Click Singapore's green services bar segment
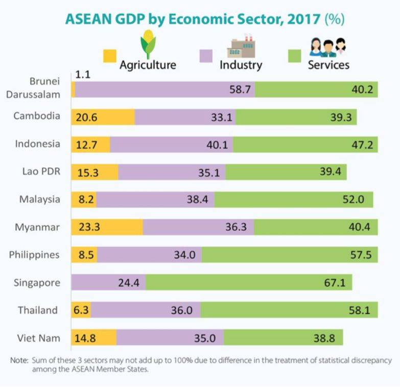[x=249, y=282]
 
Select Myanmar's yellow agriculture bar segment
[x=107, y=227]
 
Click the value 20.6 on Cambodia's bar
[x=87, y=116]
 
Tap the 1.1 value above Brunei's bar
[x=82, y=74]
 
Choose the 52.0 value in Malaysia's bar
[x=354, y=199]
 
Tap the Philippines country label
[x=35, y=254]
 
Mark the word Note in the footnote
[x=19, y=360]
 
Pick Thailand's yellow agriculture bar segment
[x=81, y=310]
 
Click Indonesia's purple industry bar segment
[x=171, y=144]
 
